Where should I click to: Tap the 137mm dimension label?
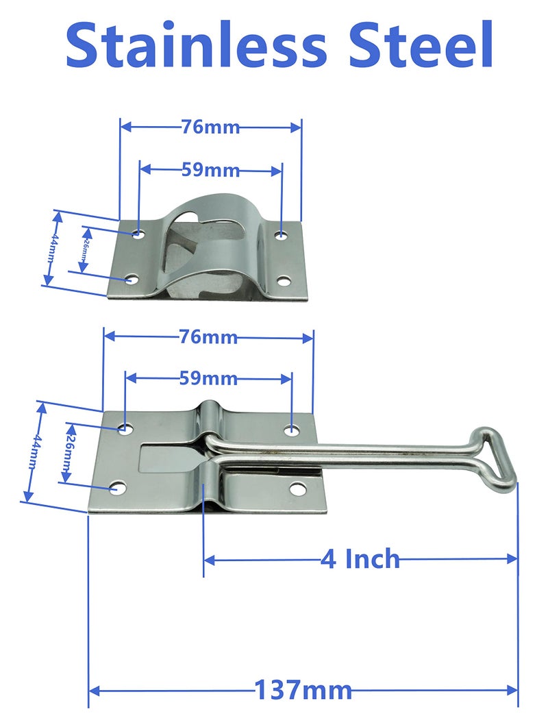(303, 689)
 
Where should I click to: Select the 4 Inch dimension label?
(360, 559)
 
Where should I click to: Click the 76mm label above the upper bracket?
(210, 127)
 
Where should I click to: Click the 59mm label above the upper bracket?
(210, 170)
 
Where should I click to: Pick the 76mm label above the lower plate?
(208, 337)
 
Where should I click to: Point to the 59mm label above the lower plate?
(208, 378)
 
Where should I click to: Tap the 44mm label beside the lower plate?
(32, 452)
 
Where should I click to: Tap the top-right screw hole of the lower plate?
(292, 430)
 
